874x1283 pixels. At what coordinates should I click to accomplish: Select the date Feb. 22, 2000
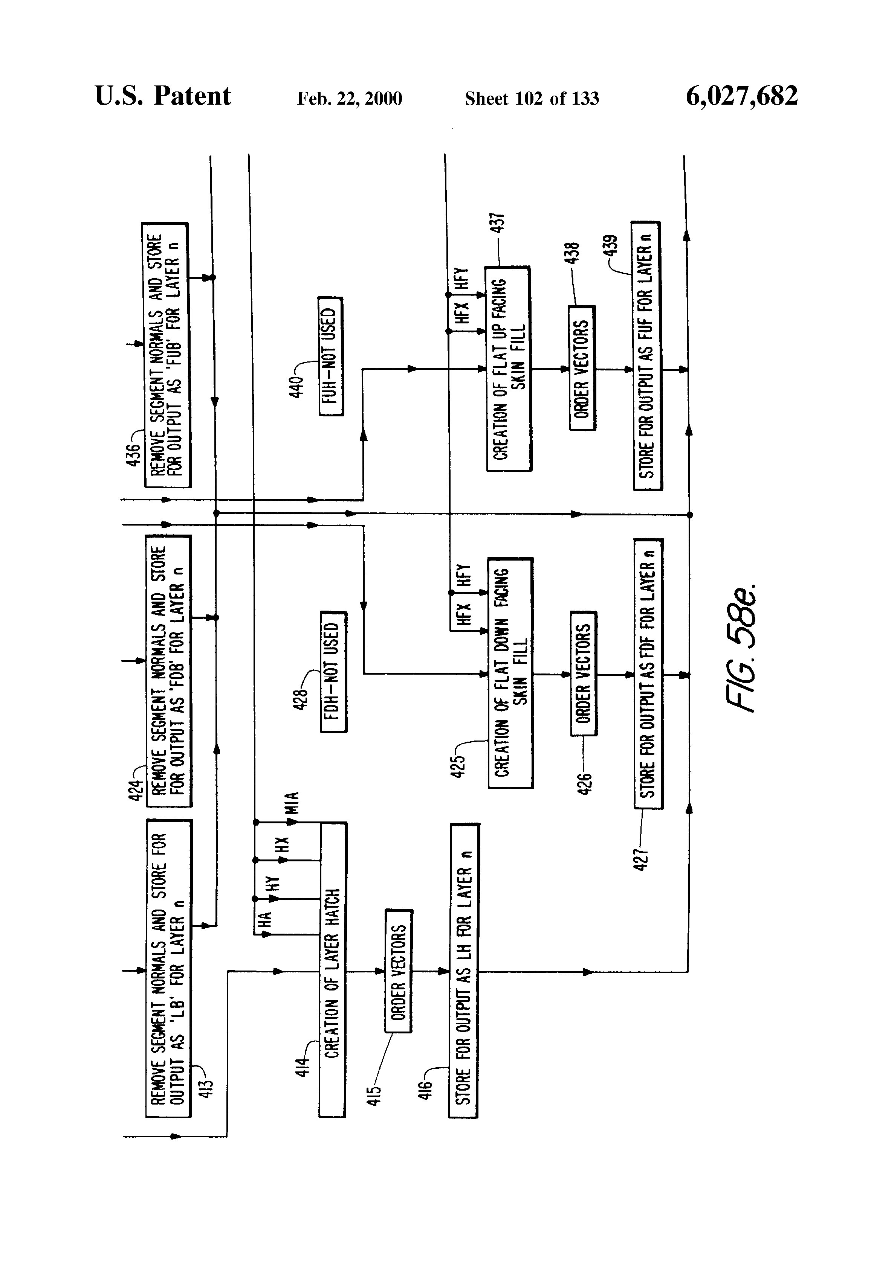point(349,99)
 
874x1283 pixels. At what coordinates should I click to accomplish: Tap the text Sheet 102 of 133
point(532,99)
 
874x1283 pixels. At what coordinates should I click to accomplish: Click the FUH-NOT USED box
point(330,356)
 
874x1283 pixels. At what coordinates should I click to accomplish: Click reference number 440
point(297,386)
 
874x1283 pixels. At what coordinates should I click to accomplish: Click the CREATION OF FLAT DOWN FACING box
point(510,672)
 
